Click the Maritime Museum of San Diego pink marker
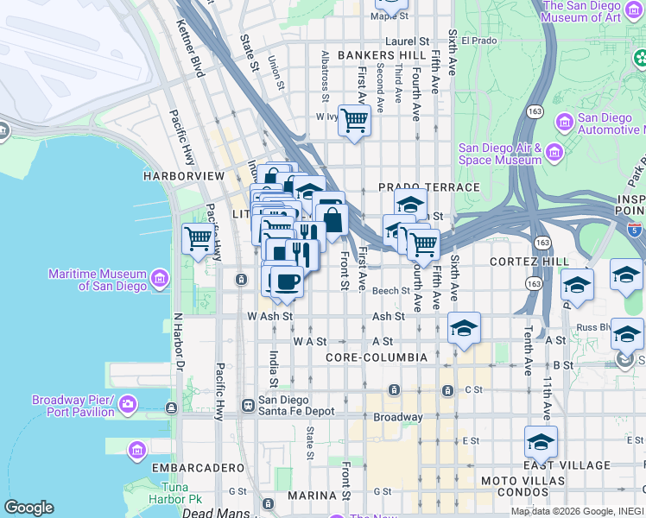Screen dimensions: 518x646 (159, 279)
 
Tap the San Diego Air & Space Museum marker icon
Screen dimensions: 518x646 (554, 153)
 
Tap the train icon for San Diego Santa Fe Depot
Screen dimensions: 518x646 (248, 404)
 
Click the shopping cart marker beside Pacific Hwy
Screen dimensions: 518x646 (198, 238)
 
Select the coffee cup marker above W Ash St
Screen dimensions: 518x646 (287, 281)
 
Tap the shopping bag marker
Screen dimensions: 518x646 (332, 221)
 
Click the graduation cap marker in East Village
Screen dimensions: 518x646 (541, 443)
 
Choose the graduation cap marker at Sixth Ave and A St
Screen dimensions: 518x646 (464, 328)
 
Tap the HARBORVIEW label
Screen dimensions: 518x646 (184, 175)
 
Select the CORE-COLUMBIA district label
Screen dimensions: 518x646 (377, 357)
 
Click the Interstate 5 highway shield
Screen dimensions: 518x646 (635, 231)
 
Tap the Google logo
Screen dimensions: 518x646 (28, 507)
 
